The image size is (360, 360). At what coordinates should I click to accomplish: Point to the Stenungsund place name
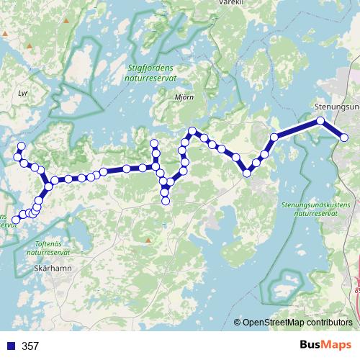(337, 107)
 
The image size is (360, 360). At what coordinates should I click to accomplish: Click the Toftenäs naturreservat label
(48, 248)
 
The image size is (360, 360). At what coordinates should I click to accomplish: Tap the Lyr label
(22, 94)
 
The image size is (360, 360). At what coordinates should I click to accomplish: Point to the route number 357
(30, 346)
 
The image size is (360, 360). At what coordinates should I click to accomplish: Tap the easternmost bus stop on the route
(344, 138)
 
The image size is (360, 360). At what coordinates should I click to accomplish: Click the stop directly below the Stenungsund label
(320, 121)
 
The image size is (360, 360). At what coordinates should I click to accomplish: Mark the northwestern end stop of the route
(21, 146)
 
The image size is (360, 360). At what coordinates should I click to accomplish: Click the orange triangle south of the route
(148, 239)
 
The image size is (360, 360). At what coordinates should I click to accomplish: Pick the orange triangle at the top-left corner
(66, 21)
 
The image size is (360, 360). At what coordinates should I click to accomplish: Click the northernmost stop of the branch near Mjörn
(153, 141)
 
